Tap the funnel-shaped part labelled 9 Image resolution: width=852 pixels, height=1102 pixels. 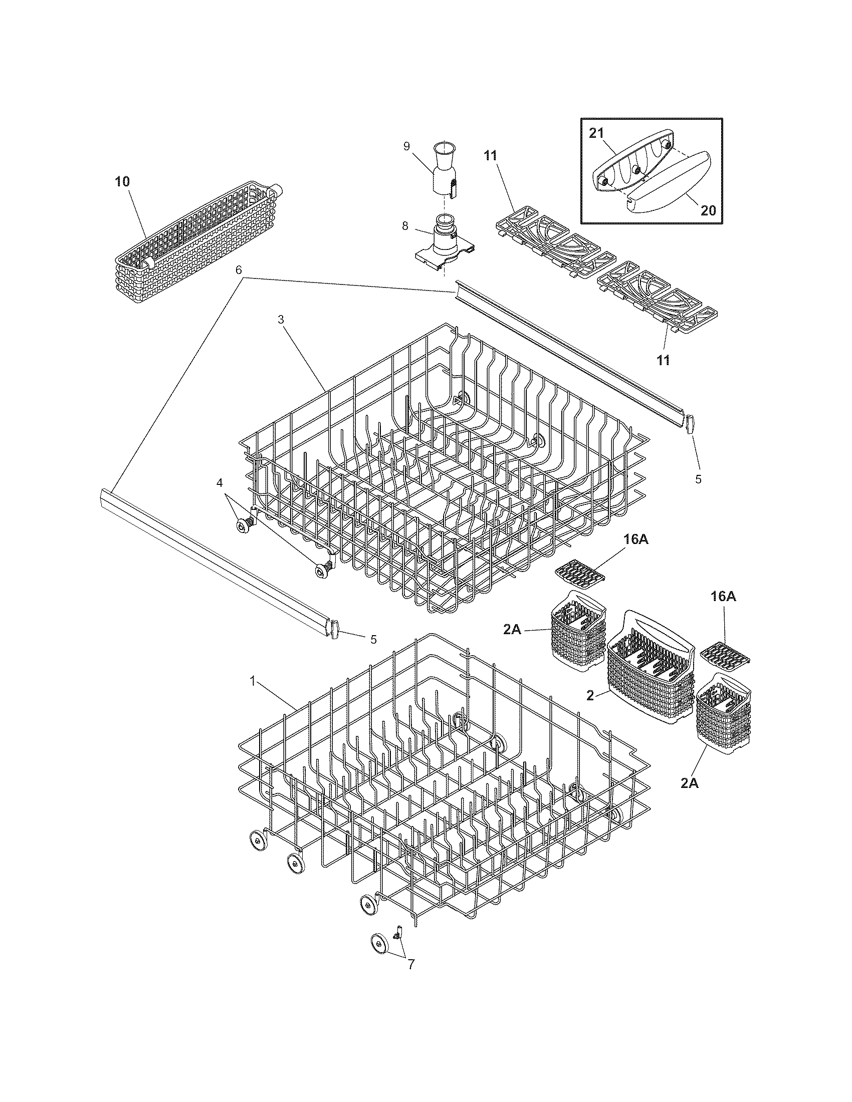[444, 168]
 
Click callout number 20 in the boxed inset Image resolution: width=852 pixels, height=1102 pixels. [708, 210]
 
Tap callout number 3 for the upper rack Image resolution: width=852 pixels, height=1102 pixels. [281, 319]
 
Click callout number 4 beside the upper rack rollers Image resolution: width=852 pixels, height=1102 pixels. [219, 483]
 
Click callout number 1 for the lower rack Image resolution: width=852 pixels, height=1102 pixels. [253, 681]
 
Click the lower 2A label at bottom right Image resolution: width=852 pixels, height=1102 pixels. [689, 797]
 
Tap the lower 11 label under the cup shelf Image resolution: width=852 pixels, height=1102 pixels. [663, 360]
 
